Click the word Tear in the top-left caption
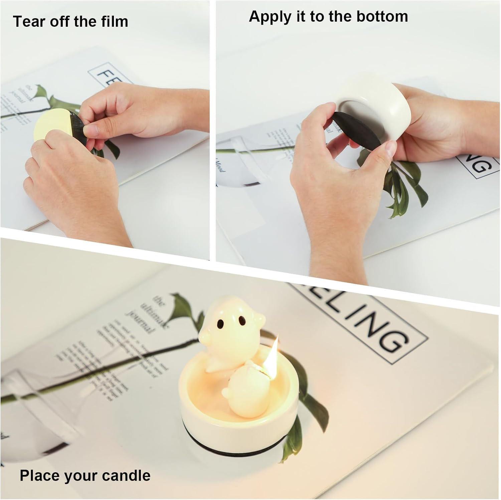pyautogui.click(x=29, y=22)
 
